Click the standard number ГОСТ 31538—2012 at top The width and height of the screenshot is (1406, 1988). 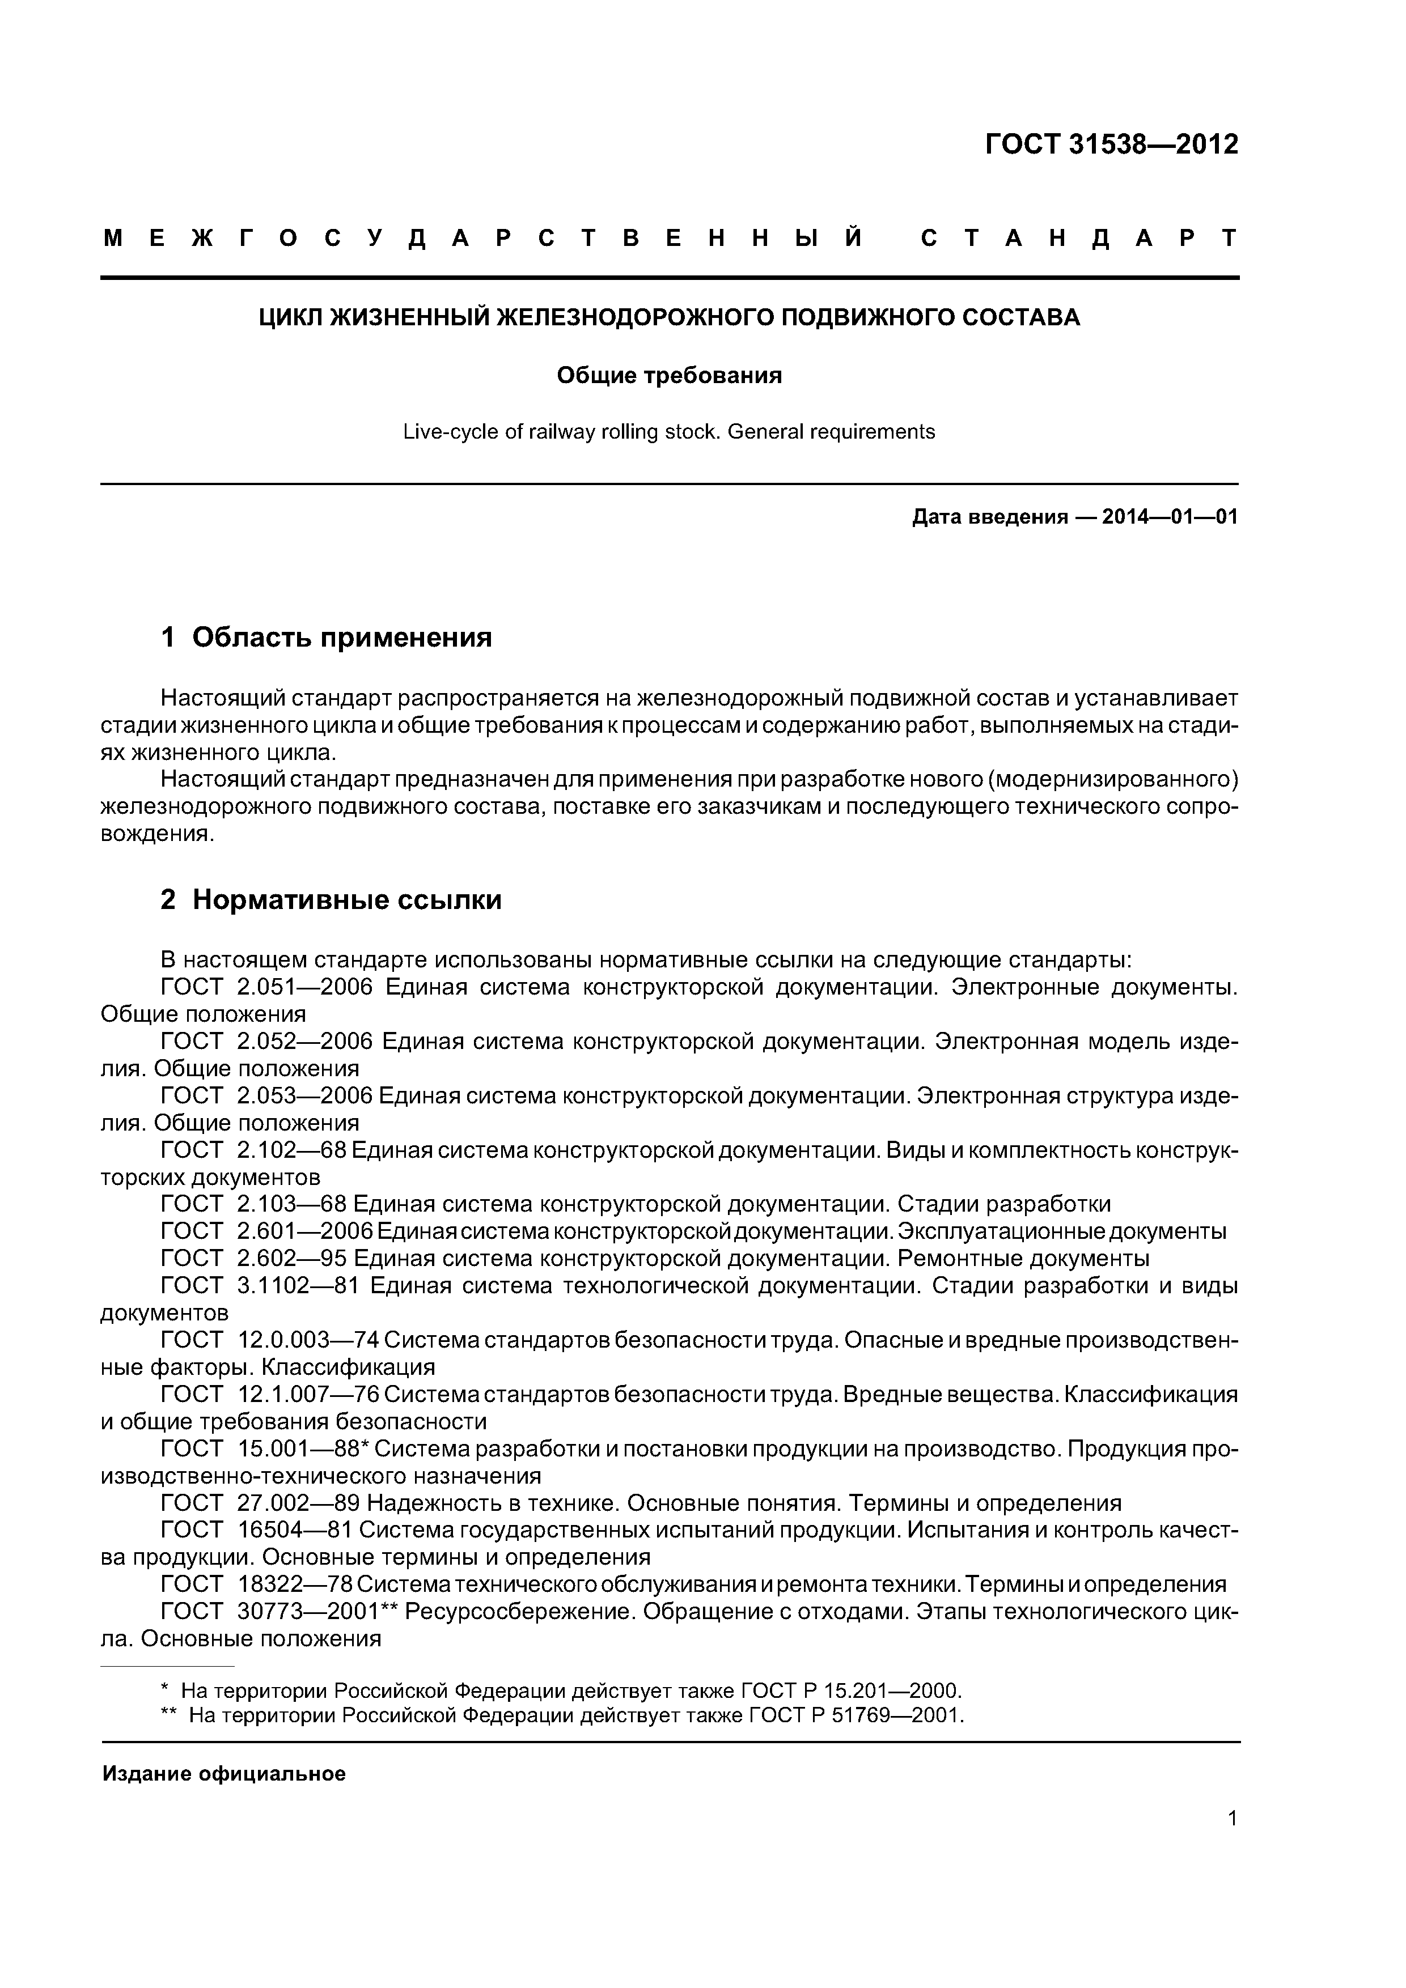[1111, 144]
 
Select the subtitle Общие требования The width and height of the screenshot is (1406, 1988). [669, 375]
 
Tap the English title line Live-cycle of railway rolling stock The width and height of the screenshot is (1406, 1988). [669, 431]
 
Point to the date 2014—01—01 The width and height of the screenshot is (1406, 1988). [1170, 517]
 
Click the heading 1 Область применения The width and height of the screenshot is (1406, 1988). [327, 638]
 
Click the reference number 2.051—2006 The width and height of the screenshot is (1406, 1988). [304, 987]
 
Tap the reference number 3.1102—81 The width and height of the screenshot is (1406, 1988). [297, 1286]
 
